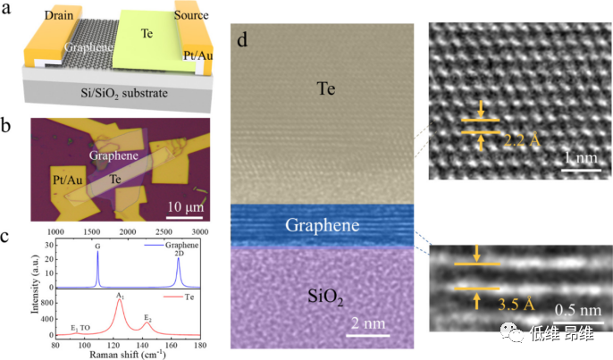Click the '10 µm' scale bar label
point(182,210)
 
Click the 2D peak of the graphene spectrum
point(179,261)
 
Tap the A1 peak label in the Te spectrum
point(119,294)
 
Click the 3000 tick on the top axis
point(200,231)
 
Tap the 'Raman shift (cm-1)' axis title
point(128,355)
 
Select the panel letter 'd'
point(241,40)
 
